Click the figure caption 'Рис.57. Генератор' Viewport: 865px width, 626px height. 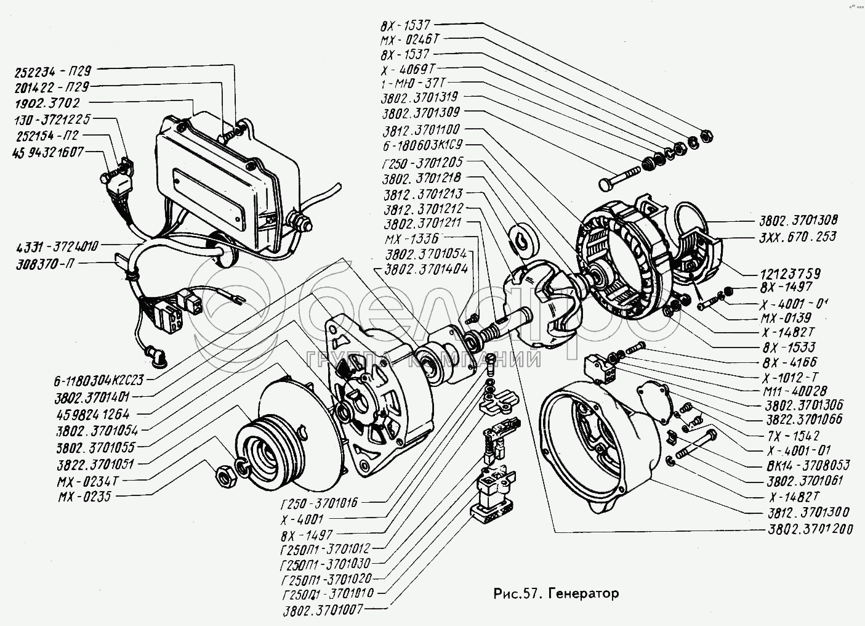coord(556,594)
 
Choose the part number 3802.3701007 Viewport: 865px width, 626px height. coord(321,609)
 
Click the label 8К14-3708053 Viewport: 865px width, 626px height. coord(800,466)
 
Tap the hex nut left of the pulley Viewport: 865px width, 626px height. coord(225,475)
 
